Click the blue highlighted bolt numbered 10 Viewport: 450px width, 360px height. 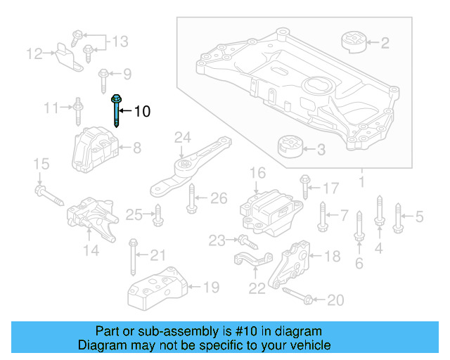(115, 110)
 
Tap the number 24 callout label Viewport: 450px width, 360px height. (183, 136)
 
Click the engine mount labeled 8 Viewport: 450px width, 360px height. (94, 148)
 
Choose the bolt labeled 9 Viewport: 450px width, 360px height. (103, 74)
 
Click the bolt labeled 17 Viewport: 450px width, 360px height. (304, 187)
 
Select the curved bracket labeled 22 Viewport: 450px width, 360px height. (250, 263)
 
